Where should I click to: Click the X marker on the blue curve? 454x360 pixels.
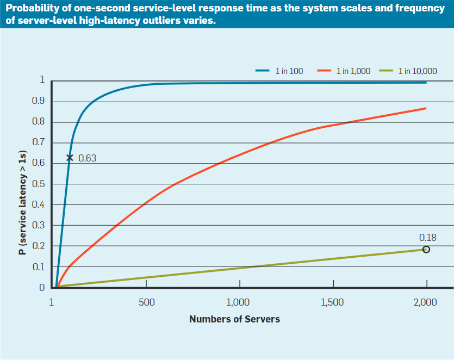[x=70, y=158]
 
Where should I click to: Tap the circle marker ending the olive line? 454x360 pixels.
[x=426, y=250]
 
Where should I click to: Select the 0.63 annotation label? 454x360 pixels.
[x=87, y=158]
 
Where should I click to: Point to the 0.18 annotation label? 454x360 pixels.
[x=428, y=238]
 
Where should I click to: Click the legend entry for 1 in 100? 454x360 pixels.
[x=279, y=71]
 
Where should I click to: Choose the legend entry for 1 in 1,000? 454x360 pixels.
[x=344, y=71]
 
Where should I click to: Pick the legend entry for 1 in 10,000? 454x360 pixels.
[x=408, y=71]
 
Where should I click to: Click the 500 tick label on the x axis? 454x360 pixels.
[x=146, y=302]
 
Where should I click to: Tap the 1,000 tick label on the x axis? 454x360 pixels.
[x=238, y=302]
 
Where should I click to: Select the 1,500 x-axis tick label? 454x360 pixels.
[x=332, y=302]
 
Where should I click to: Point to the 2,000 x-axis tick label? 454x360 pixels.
[x=425, y=302]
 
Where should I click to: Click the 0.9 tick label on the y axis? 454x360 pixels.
[x=38, y=101]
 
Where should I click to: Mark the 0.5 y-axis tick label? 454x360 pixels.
[x=38, y=184]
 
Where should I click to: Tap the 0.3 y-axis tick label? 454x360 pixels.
[x=38, y=225]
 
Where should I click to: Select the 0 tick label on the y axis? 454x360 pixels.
[x=42, y=287]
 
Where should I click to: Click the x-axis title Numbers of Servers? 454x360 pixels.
[x=234, y=319]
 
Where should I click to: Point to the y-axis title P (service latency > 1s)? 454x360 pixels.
[x=23, y=202]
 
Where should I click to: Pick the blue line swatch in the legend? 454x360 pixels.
[x=262, y=71]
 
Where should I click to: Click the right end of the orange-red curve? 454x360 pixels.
[x=426, y=108]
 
